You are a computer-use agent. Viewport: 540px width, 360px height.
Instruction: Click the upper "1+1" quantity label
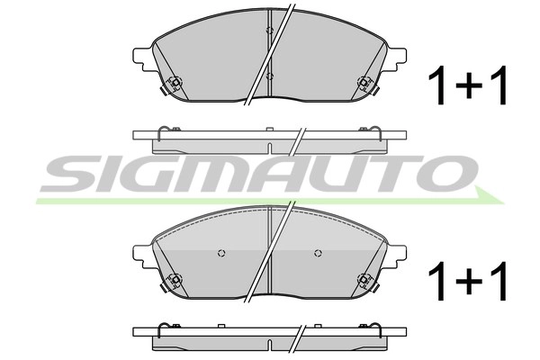(468, 85)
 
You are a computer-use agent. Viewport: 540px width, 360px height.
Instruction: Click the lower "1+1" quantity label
(468, 281)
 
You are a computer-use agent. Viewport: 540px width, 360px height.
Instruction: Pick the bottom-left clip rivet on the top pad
(175, 82)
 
